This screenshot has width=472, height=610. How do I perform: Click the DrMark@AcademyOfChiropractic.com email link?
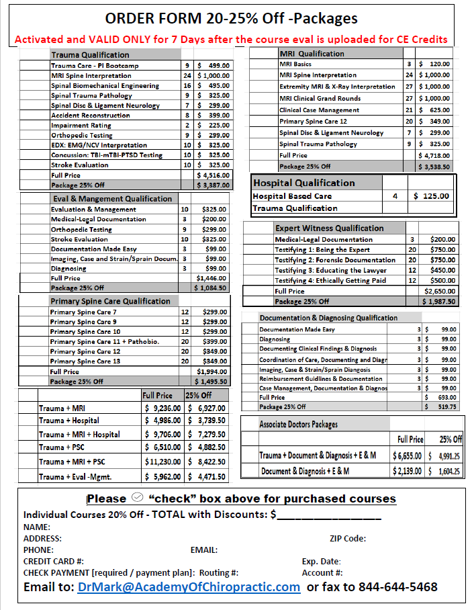pyautogui.click(x=188, y=587)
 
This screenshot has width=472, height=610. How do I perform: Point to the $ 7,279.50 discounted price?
pyautogui.click(x=207, y=435)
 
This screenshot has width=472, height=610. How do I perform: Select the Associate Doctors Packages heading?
pyautogui.click(x=299, y=425)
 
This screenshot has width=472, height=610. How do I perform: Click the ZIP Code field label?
pyautogui.click(x=348, y=538)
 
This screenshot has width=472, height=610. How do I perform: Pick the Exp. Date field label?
pyautogui.click(x=322, y=562)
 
